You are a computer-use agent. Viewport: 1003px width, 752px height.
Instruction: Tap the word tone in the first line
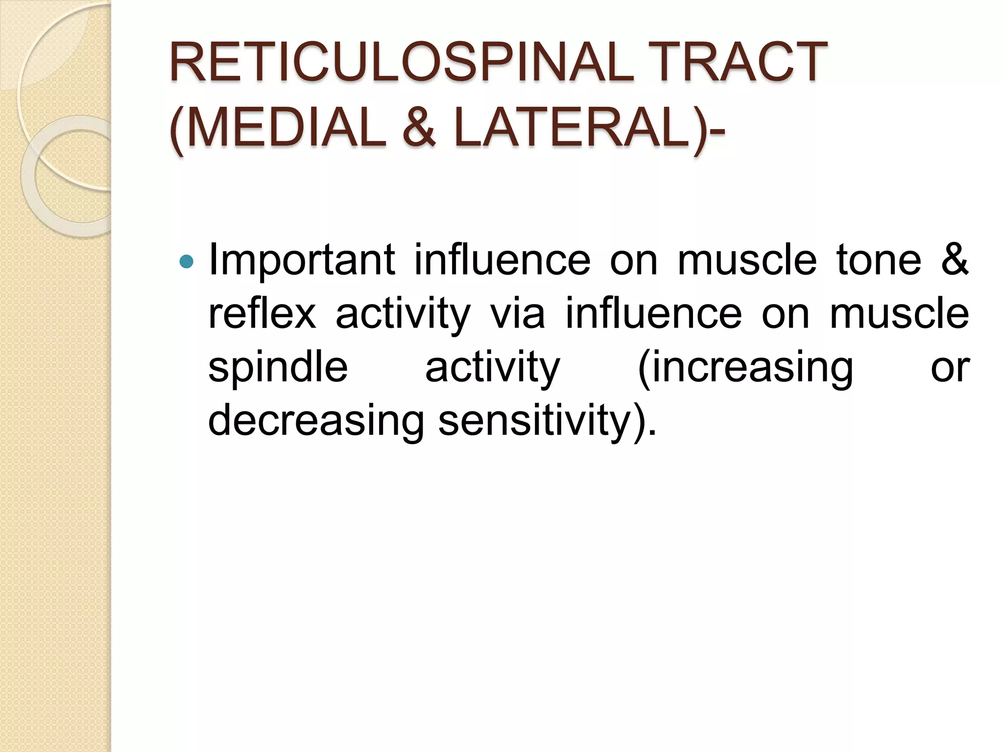879,260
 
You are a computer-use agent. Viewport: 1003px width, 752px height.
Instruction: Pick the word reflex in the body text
262,314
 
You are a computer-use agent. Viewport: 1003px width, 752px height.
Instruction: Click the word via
518,314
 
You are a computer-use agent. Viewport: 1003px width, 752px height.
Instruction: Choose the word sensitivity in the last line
539,421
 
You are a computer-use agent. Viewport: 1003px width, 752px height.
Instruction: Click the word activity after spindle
492,368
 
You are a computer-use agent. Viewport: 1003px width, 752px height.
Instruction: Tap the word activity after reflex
403,315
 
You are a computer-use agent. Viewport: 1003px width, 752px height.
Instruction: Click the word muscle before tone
747,260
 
